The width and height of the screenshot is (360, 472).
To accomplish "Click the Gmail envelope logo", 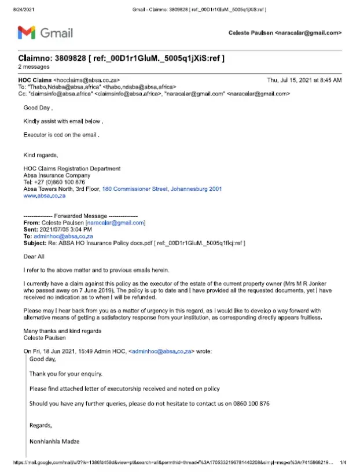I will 27,33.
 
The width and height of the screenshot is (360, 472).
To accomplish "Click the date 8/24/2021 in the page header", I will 16,9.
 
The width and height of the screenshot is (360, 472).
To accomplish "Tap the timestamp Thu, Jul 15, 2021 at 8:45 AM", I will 304,79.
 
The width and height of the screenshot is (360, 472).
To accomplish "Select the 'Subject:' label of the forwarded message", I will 35,244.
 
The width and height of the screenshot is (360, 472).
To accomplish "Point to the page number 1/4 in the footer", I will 343,463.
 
